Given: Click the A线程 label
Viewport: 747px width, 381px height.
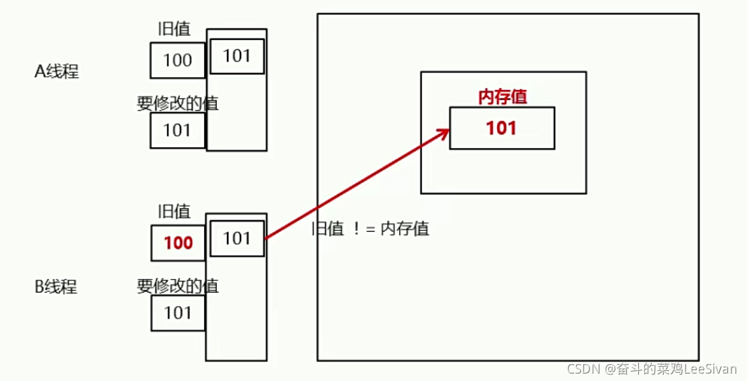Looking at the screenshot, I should click(x=57, y=72).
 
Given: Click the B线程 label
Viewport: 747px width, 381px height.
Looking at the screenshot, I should click(x=56, y=287).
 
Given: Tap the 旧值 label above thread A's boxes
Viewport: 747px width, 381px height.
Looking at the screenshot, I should click(x=174, y=29).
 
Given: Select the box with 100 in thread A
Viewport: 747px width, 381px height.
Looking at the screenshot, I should click(x=178, y=60).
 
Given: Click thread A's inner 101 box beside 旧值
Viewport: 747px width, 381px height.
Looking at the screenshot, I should click(x=237, y=56).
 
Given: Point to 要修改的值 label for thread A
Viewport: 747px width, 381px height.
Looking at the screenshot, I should click(x=178, y=103).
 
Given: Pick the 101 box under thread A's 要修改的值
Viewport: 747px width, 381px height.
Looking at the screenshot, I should click(x=178, y=130).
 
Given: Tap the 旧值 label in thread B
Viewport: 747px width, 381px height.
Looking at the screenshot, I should click(x=174, y=212).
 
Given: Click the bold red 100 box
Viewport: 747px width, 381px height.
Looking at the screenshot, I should click(x=178, y=243).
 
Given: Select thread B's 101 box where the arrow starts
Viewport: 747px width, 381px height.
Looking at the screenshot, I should click(x=237, y=238).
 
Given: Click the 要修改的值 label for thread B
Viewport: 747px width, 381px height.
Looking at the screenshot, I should click(x=178, y=286).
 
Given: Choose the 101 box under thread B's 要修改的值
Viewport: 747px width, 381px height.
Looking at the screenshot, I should click(x=178, y=313).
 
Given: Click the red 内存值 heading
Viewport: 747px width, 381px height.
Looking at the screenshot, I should click(x=503, y=97).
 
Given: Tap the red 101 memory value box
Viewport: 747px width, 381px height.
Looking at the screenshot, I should click(x=502, y=128).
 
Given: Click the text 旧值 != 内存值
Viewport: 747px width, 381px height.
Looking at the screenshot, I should click(x=370, y=229).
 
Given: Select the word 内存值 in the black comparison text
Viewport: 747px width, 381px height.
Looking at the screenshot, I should click(x=405, y=229).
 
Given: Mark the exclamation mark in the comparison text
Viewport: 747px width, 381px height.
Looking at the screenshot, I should click(x=355, y=229).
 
